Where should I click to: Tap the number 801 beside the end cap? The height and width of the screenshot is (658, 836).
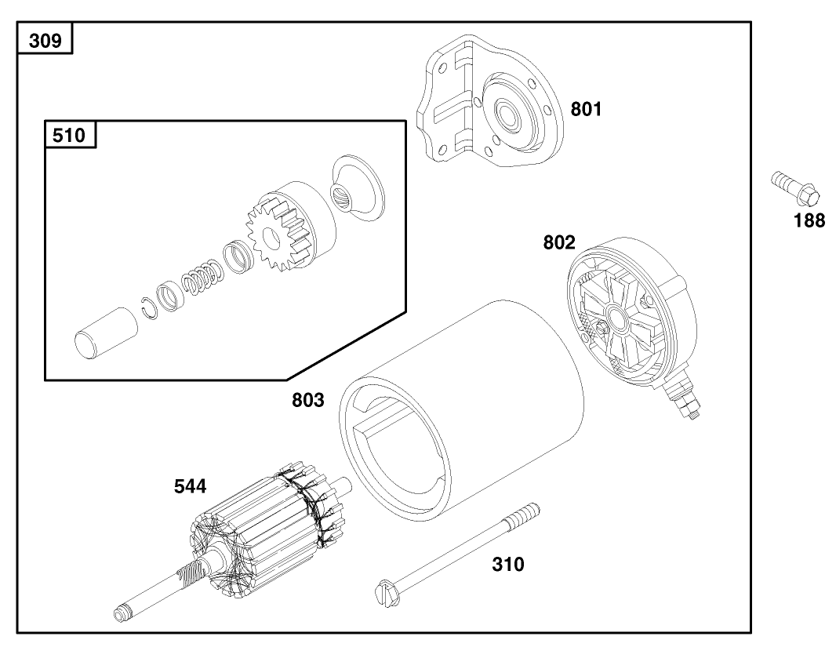pyautogui.click(x=586, y=110)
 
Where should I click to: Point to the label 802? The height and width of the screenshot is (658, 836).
pyautogui.click(x=560, y=243)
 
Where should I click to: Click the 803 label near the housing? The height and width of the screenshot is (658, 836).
pyautogui.click(x=308, y=401)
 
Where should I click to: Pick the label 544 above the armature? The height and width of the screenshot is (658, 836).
pyautogui.click(x=190, y=487)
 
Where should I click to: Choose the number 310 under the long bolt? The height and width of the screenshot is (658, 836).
pyautogui.click(x=508, y=564)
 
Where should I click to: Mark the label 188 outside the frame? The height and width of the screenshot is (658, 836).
pyautogui.click(x=809, y=221)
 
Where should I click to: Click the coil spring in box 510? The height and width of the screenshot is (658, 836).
pyautogui.click(x=201, y=280)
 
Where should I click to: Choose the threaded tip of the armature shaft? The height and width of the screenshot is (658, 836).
pyautogui.click(x=124, y=609)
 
